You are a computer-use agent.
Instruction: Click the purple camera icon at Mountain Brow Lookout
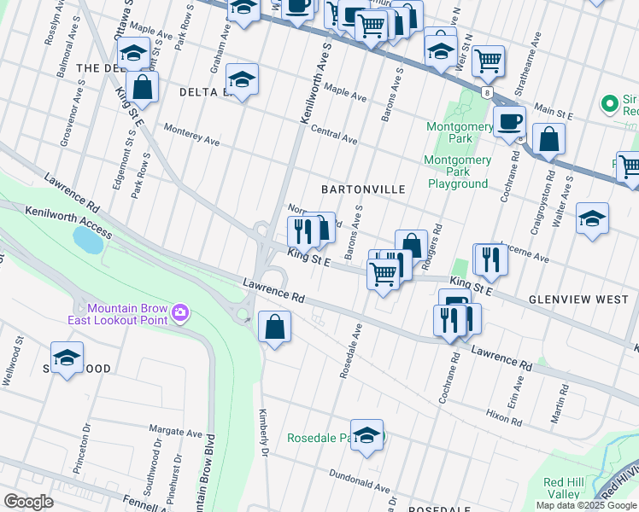point(180,313)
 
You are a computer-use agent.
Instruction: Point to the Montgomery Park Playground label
point(458,172)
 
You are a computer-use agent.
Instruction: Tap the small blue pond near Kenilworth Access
point(88,240)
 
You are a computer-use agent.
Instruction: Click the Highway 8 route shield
point(486,90)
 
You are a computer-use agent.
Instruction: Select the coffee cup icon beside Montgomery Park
point(510,120)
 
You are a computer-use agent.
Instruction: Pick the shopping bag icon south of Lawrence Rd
point(274,327)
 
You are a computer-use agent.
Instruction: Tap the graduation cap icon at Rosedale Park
point(366,436)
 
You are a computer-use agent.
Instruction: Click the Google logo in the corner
point(29,501)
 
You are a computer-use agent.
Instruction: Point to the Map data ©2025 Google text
point(585,505)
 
